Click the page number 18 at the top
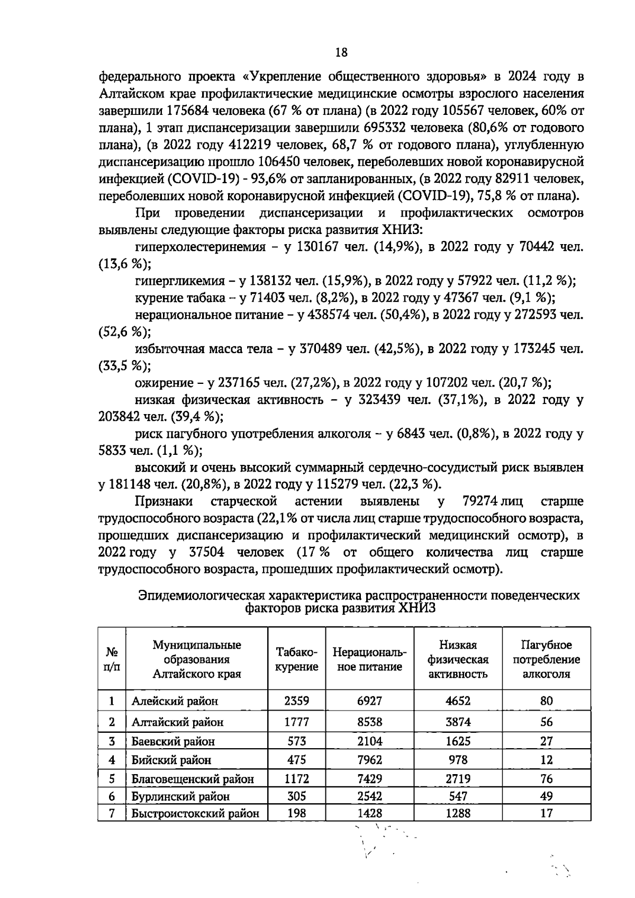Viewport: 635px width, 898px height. click(x=341, y=52)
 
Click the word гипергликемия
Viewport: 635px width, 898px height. click(x=178, y=281)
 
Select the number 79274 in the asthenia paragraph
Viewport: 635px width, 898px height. click(x=479, y=501)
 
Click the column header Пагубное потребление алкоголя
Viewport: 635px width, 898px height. click(x=546, y=659)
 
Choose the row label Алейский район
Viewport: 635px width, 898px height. click(x=175, y=702)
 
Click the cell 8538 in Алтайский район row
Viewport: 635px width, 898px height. click(x=369, y=722)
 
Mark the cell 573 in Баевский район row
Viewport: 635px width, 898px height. click(x=297, y=741)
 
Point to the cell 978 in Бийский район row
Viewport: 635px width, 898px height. click(x=458, y=760)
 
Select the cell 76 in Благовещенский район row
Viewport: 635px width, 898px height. click(x=546, y=778)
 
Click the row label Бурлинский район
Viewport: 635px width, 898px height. click(x=180, y=796)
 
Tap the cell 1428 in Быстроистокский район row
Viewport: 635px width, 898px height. click(x=369, y=813)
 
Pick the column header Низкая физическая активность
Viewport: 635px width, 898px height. click(x=458, y=659)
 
